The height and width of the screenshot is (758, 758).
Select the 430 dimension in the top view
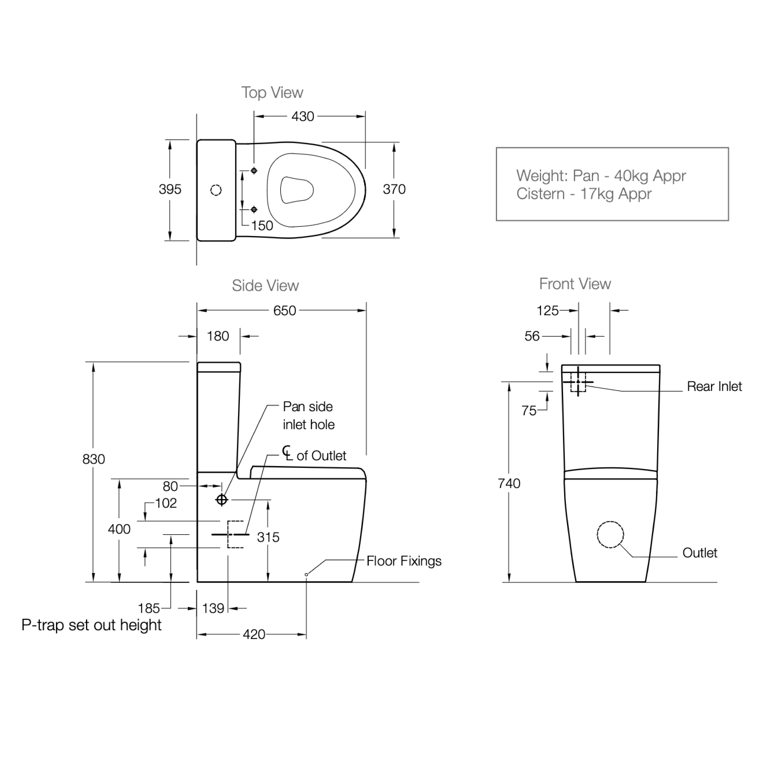pos(302,117)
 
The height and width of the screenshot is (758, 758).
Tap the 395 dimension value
pos(170,189)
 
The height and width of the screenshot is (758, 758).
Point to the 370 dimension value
pos(394,189)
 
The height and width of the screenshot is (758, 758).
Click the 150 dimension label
pos(262,226)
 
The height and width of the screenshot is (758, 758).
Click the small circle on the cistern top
pos(216,190)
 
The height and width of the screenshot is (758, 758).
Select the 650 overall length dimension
pos(284,311)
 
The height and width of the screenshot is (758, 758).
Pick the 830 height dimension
pos(93,459)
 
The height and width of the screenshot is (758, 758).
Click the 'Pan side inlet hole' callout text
pos(308,416)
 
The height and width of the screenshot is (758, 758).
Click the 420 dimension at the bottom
pos(254,634)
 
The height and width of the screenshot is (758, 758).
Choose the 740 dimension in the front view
pos(509,483)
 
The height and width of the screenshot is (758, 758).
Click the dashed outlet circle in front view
pos(610,535)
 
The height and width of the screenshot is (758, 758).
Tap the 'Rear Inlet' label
pos(714,386)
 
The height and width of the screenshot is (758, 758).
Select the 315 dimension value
pos(268,537)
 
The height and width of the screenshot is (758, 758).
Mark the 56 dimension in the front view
pos(532,336)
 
